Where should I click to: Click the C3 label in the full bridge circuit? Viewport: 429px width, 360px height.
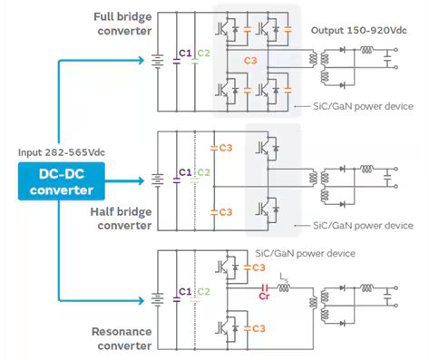[x=253, y=61]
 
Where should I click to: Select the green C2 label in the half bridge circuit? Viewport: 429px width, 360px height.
[x=204, y=172]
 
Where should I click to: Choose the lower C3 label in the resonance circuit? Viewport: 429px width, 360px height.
[x=258, y=327]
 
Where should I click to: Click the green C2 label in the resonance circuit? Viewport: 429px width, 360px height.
[x=204, y=291]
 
